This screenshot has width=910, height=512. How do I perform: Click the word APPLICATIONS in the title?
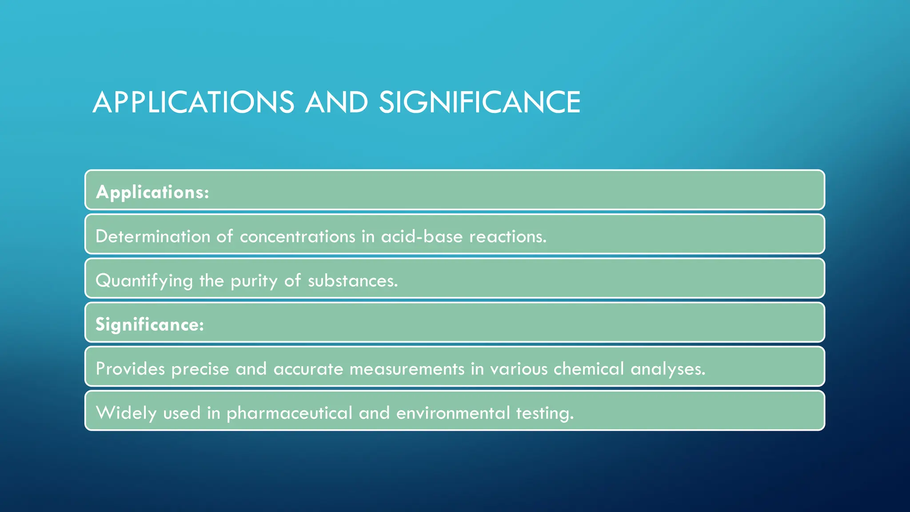click(x=193, y=102)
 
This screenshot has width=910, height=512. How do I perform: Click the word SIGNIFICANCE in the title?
click(x=479, y=102)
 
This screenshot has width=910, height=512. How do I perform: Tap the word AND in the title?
click(x=336, y=102)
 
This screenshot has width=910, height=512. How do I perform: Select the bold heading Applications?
click(x=152, y=192)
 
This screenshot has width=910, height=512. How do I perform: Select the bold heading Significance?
click(x=150, y=324)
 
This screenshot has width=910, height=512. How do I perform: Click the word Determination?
click(x=153, y=236)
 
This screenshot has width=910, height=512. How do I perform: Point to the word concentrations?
click(x=297, y=236)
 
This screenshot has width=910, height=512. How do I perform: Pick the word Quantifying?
click(x=144, y=281)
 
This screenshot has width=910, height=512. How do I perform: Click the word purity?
click(x=254, y=281)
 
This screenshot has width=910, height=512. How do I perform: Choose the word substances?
click(x=353, y=281)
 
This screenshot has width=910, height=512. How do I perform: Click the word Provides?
click(x=130, y=369)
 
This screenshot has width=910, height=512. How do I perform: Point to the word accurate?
click(x=308, y=369)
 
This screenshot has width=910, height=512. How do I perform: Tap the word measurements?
click(x=407, y=369)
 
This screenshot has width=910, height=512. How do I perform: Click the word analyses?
click(x=667, y=369)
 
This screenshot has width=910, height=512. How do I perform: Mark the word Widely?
click(x=126, y=413)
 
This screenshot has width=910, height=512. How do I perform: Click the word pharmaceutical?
click(x=289, y=413)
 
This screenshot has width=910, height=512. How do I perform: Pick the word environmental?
click(x=453, y=413)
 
